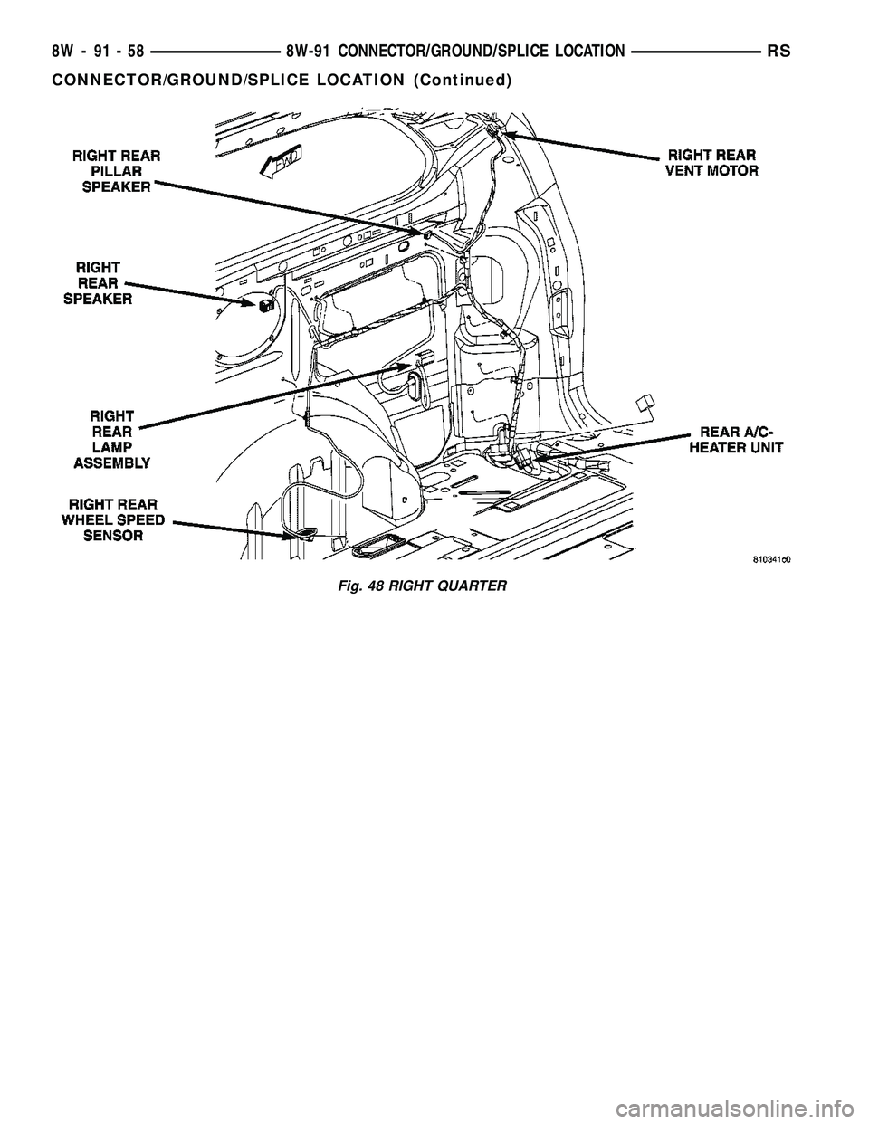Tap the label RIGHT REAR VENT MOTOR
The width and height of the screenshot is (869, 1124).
tap(713, 161)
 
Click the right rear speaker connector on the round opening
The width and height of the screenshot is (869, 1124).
tap(264, 306)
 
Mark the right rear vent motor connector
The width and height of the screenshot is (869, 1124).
tap(494, 131)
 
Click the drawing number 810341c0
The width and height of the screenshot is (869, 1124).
tap(772, 559)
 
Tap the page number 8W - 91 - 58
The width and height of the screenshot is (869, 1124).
tap(97, 53)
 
